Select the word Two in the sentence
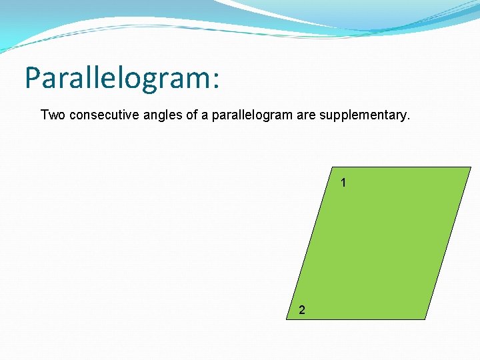point(53,115)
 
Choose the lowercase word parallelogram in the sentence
point(251,116)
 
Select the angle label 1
point(343,182)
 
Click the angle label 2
point(303,309)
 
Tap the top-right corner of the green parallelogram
point(471,167)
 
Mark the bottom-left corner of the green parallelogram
point(287,319)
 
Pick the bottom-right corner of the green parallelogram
point(425,319)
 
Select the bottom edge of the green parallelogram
point(357,319)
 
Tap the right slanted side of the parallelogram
point(448,243)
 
